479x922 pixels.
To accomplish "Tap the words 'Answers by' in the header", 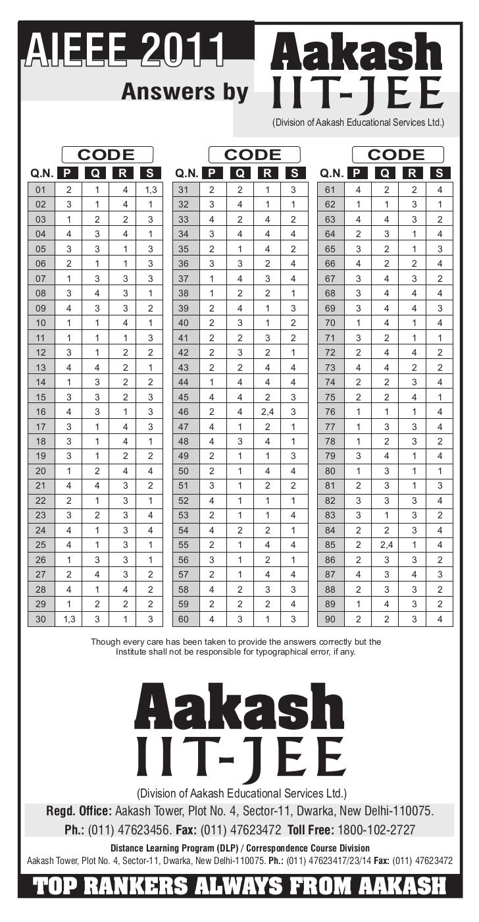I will pos(184,93).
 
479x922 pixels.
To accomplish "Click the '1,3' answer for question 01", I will pos(151,190).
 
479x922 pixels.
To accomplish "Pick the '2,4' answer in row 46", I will pos(268,412).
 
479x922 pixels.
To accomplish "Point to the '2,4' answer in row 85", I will pos(386,545).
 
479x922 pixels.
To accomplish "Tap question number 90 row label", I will pos(330,618).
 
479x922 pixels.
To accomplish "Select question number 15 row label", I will pos(41,397).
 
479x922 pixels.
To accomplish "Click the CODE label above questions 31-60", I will pos(253,155).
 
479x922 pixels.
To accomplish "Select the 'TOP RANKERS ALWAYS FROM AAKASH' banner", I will pos(239,886).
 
